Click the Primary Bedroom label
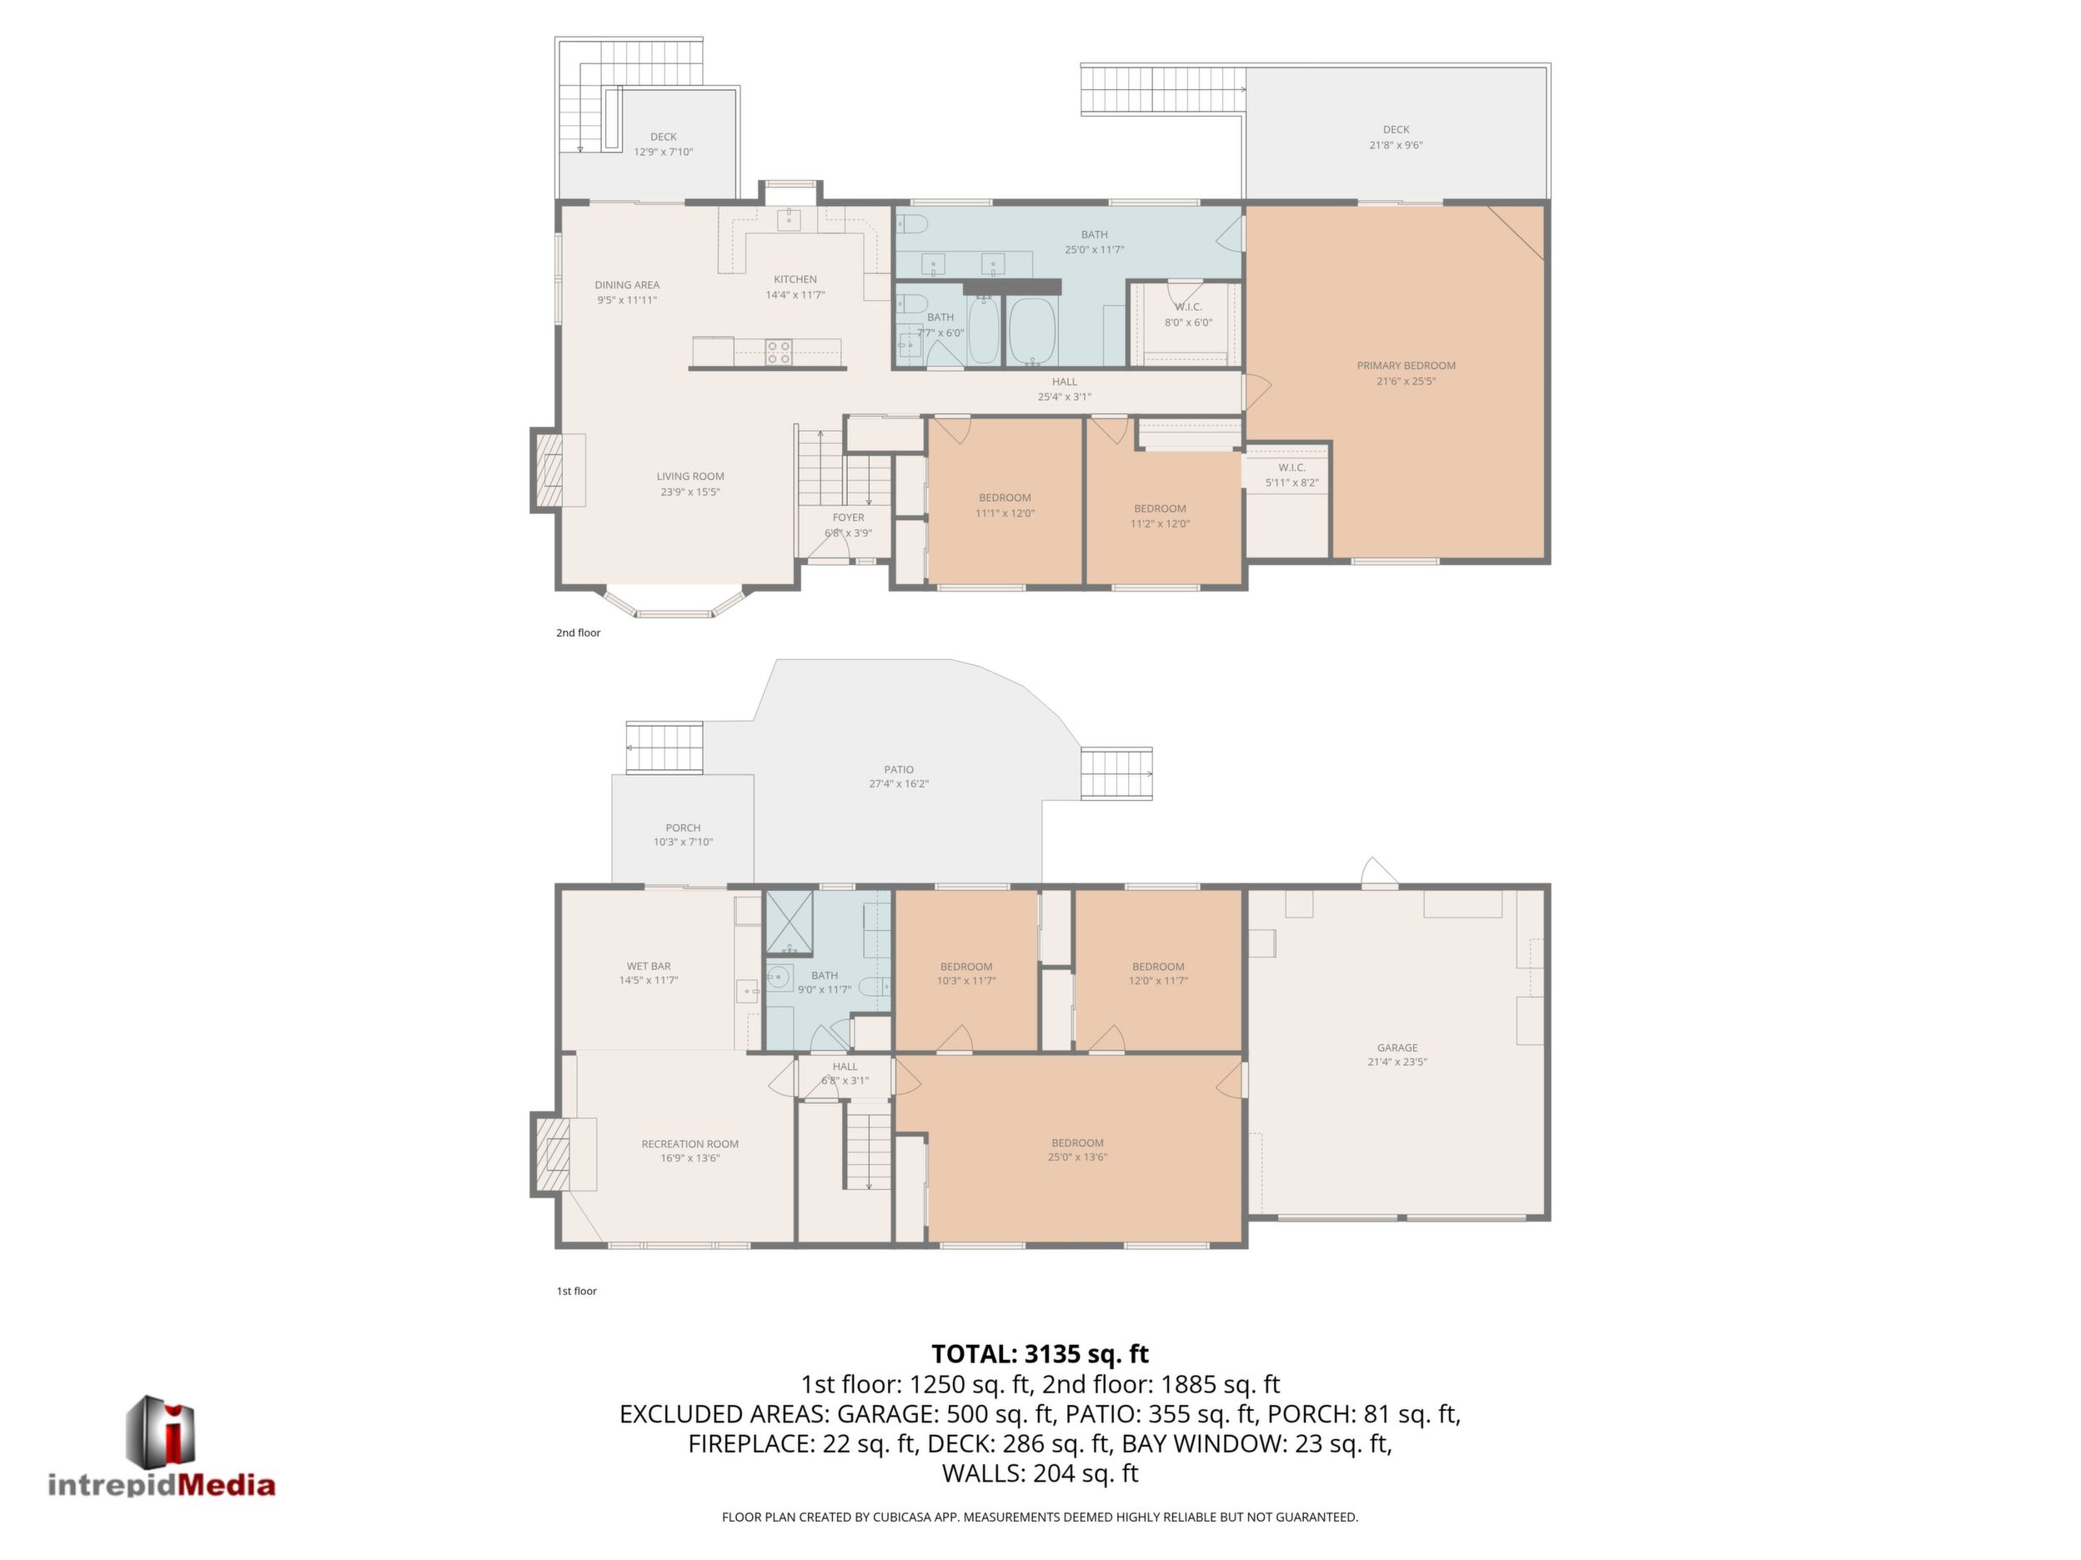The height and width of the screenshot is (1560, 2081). coord(1406,373)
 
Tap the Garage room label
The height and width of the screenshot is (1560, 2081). coord(1397,1054)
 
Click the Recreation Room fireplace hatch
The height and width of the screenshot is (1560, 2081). coord(551,1155)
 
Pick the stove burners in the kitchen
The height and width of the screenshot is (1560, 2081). coord(778,352)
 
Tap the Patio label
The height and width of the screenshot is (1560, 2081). coord(899,777)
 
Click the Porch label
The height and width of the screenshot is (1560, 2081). coord(683,835)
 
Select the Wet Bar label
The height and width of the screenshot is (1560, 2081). coord(648,972)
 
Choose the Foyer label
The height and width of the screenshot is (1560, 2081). coord(848,525)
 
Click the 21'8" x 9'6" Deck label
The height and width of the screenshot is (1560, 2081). coord(1397,137)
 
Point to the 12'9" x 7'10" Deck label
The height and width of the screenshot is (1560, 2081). coord(664,144)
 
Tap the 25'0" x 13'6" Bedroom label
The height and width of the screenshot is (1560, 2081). coord(1077,1150)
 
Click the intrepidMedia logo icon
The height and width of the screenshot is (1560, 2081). coord(161,1429)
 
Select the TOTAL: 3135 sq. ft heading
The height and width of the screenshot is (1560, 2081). coord(1040,1354)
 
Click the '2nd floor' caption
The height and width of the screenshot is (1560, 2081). coord(578,632)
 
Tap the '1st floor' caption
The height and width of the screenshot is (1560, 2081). coord(577,1291)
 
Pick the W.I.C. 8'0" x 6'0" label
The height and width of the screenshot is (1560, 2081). coord(1188,314)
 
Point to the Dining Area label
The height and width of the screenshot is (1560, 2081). coord(627,292)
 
